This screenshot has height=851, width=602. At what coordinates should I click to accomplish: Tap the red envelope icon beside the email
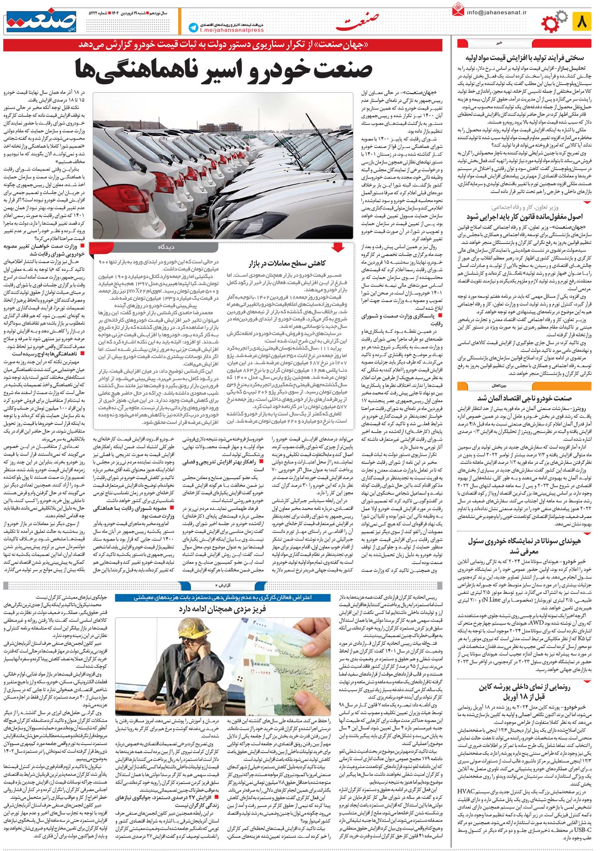[458, 10]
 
